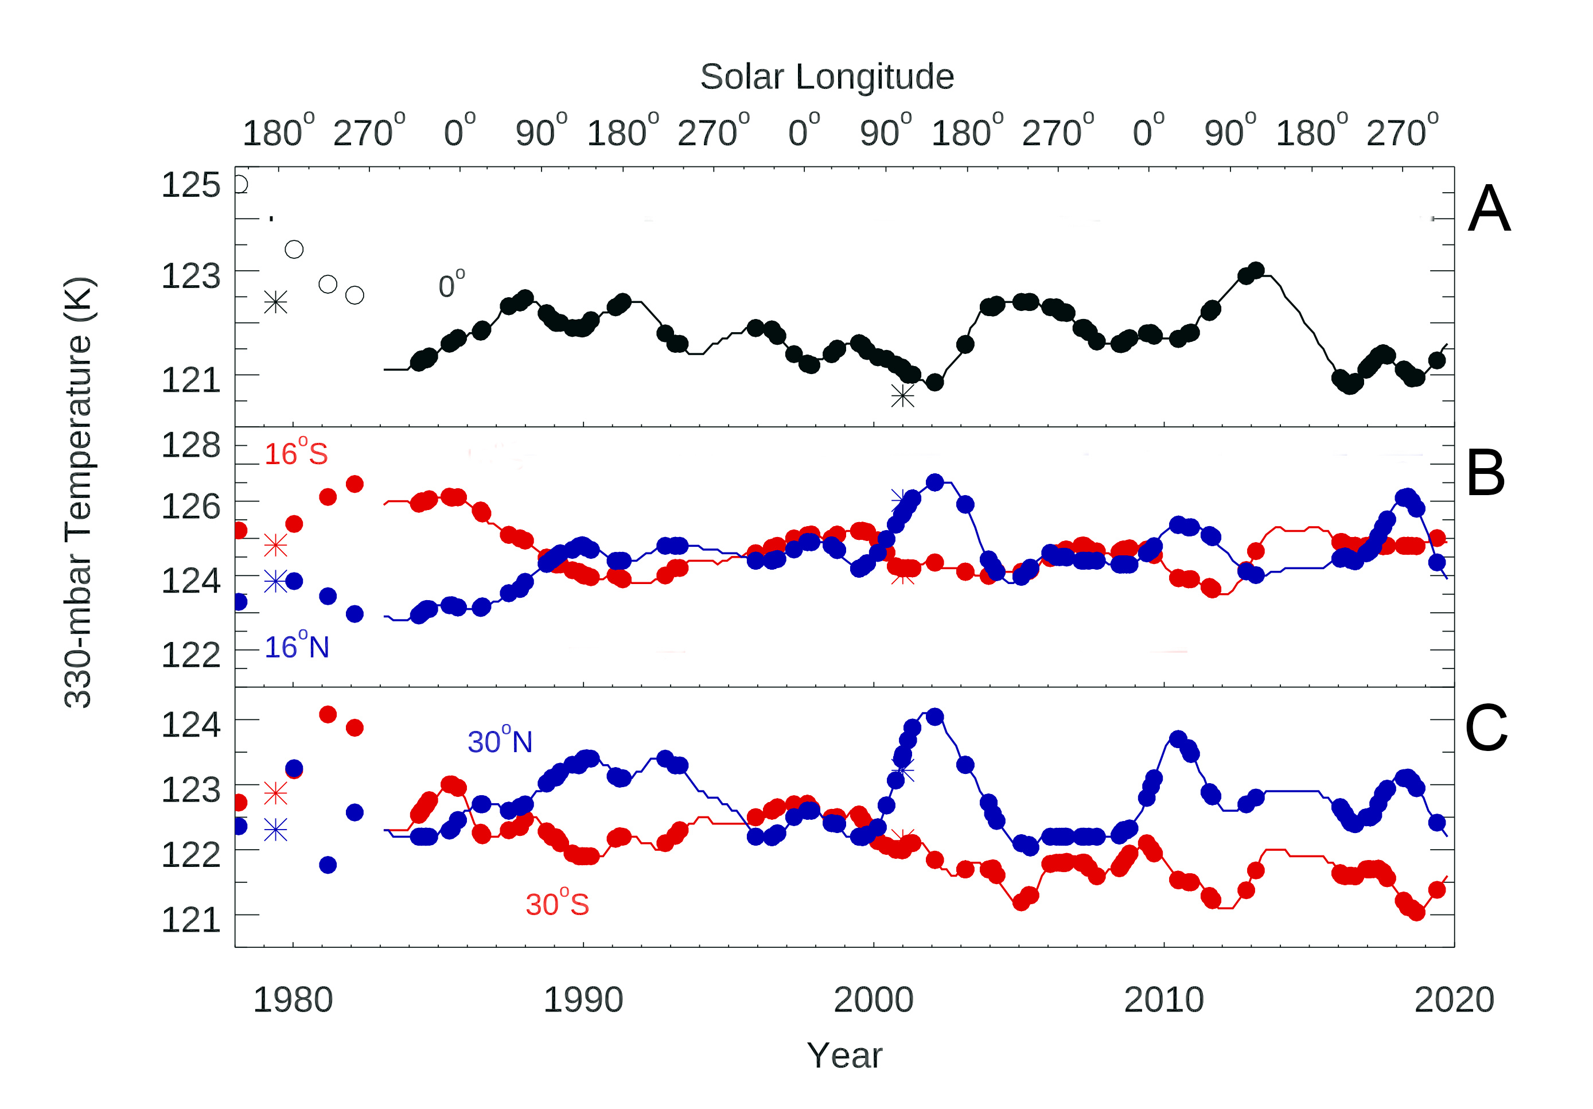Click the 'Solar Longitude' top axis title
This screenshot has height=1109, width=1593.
click(827, 76)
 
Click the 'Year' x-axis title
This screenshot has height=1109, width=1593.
click(844, 1056)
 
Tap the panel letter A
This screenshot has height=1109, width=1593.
click(1489, 209)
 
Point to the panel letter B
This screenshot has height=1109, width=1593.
click(1486, 473)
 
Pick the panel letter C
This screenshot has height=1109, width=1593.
click(1486, 728)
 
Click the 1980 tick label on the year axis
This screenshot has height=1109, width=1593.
click(292, 1000)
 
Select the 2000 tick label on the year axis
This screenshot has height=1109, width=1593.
click(873, 1000)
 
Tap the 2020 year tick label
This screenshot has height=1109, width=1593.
click(1454, 1000)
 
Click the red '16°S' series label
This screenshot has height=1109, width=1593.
click(295, 454)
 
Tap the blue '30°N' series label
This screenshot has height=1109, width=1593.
click(500, 741)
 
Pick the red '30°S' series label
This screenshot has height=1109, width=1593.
click(557, 904)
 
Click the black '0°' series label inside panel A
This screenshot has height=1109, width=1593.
click(451, 285)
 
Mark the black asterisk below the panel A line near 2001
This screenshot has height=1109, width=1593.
click(903, 395)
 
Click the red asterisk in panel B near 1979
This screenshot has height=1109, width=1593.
click(275, 546)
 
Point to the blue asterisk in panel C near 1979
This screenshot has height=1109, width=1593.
click(275, 830)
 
